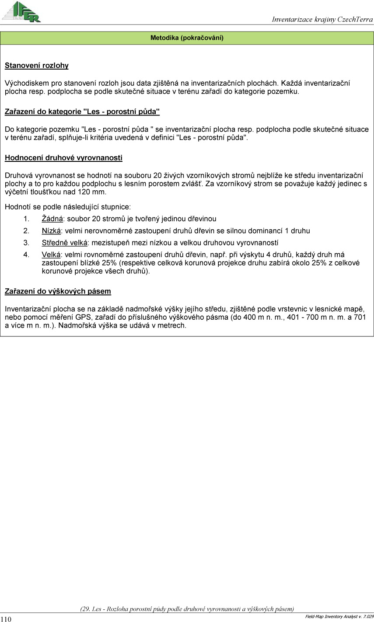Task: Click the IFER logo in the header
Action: tap(21, 12)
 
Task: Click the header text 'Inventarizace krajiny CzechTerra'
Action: tap(322, 19)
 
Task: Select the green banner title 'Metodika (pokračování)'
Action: tap(187, 38)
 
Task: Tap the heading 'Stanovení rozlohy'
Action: tap(37, 66)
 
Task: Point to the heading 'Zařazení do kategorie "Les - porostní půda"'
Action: tap(82, 112)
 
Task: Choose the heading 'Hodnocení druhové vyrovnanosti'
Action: tap(63, 157)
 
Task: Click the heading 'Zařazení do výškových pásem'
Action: tap(58, 291)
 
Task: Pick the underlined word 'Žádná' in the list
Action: tap(52, 219)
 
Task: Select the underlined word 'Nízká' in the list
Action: tap(51, 231)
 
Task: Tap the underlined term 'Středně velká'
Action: tap(65, 243)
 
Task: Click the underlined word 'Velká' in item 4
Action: tap(51, 255)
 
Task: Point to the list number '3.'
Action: tap(26, 243)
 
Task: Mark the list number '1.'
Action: tap(26, 219)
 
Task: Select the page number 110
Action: tap(6, 619)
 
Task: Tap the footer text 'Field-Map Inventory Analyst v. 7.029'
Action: tap(339, 617)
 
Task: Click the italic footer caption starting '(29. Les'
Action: tap(187, 608)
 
